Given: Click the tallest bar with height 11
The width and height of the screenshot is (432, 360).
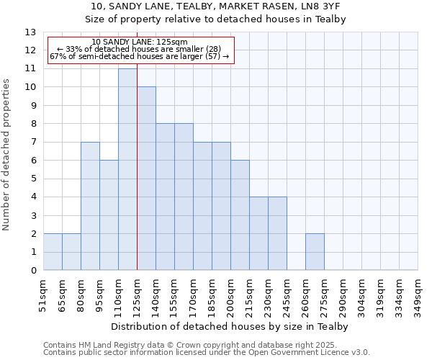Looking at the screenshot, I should (x=127, y=169).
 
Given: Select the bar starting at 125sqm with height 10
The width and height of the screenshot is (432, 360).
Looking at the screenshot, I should (x=146, y=179).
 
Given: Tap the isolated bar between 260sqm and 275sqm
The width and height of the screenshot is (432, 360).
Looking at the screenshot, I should (x=315, y=252).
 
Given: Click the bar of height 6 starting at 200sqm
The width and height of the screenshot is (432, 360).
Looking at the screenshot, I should (x=240, y=215).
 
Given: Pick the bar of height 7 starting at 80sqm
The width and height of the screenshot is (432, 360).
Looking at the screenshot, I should (x=90, y=206).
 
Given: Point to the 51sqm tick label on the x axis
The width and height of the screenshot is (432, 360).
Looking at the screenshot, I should (x=43, y=293).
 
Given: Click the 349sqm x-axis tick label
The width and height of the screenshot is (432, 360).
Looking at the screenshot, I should (x=418, y=293).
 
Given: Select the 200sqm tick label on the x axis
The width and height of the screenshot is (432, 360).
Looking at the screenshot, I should (x=230, y=293).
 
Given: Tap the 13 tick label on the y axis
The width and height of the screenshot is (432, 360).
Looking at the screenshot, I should (x=30, y=32).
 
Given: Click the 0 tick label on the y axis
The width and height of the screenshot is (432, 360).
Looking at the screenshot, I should (x=33, y=271).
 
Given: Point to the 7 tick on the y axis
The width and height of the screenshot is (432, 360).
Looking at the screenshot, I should (x=33, y=143).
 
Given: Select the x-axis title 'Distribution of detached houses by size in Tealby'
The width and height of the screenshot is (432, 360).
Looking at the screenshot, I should (x=230, y=326).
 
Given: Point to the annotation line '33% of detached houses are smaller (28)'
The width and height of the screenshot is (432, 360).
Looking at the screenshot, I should (x=140, y=49).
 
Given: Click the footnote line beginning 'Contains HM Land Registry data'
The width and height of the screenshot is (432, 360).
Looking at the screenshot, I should (x=206, y=345).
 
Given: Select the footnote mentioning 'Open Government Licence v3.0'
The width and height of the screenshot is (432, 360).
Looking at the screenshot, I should (x=206, y=353).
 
